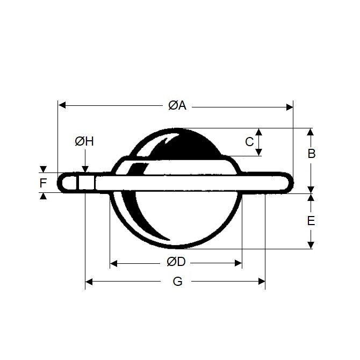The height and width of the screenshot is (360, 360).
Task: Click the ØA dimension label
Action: tap(177, 105)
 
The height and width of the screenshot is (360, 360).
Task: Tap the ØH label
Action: tap(84, 141)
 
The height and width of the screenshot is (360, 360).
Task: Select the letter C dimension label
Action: tap(249, 142)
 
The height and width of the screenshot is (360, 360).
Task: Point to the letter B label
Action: tap(311, 154)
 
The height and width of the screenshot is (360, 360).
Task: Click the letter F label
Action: tap(43, 183)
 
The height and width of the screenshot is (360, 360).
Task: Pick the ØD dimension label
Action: tap(176, 263)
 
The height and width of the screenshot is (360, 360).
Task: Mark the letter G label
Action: tap(177, 281)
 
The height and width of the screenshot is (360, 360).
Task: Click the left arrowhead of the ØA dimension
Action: tap(62, 105)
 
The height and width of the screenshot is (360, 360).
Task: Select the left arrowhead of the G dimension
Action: tap(89, 281)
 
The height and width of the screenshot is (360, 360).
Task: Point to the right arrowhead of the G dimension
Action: tap(262, 281)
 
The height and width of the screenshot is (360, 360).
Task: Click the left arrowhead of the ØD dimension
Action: tap(113, 263)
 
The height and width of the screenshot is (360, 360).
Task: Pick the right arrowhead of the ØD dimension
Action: tap(237, 263)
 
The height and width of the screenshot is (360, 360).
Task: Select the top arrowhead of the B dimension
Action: tap(310, 132)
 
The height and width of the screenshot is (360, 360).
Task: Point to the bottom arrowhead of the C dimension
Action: tap(258, 153)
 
